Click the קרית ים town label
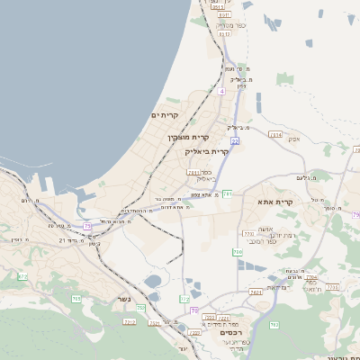click(x=165, y=115)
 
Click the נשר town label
click(x=124, y=300)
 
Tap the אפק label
click(x=293, y=138)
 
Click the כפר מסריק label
click(x=225, y=26)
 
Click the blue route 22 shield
click(x=234, y=141)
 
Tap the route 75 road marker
click(x=87, y=226)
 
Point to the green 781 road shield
click(x=229, y=193)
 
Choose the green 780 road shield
click(x=238, y=253)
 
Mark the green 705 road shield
click(x=76, y=298)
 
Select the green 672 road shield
click(x=22, y=276)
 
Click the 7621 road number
click(x=256, y=292)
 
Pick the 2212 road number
click(x=130, y=320)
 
